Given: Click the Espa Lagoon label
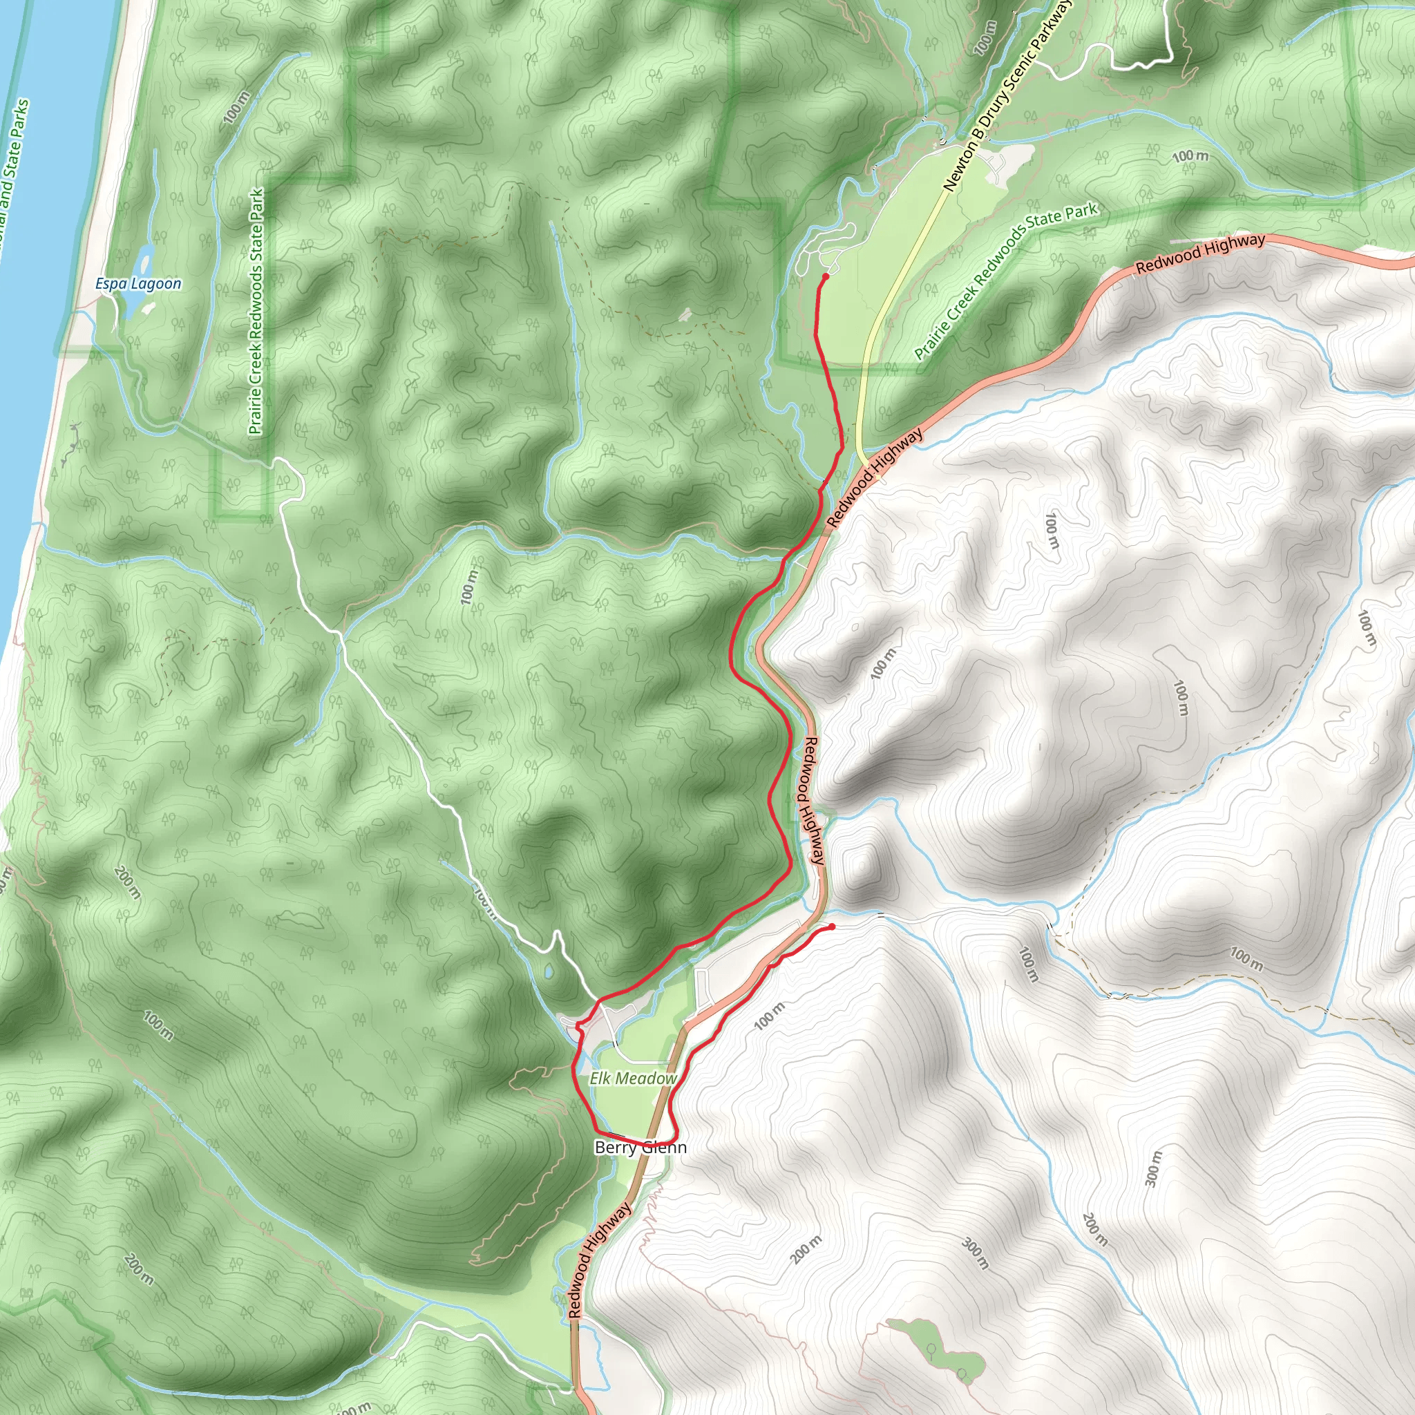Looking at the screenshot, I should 138,283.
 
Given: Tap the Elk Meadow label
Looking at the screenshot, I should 634,1078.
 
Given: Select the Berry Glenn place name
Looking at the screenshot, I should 641,1147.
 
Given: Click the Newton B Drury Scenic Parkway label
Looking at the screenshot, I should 1008,95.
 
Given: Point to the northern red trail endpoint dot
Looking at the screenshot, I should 826,276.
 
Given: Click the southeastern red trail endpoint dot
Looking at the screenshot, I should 832,927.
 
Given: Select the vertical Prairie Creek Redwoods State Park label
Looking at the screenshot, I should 255,312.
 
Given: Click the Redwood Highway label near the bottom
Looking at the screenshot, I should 600,1260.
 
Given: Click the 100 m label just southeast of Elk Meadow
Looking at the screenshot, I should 768,1016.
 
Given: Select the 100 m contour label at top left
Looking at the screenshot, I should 236,107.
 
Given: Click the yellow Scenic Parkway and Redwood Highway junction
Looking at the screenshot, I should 866,462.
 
